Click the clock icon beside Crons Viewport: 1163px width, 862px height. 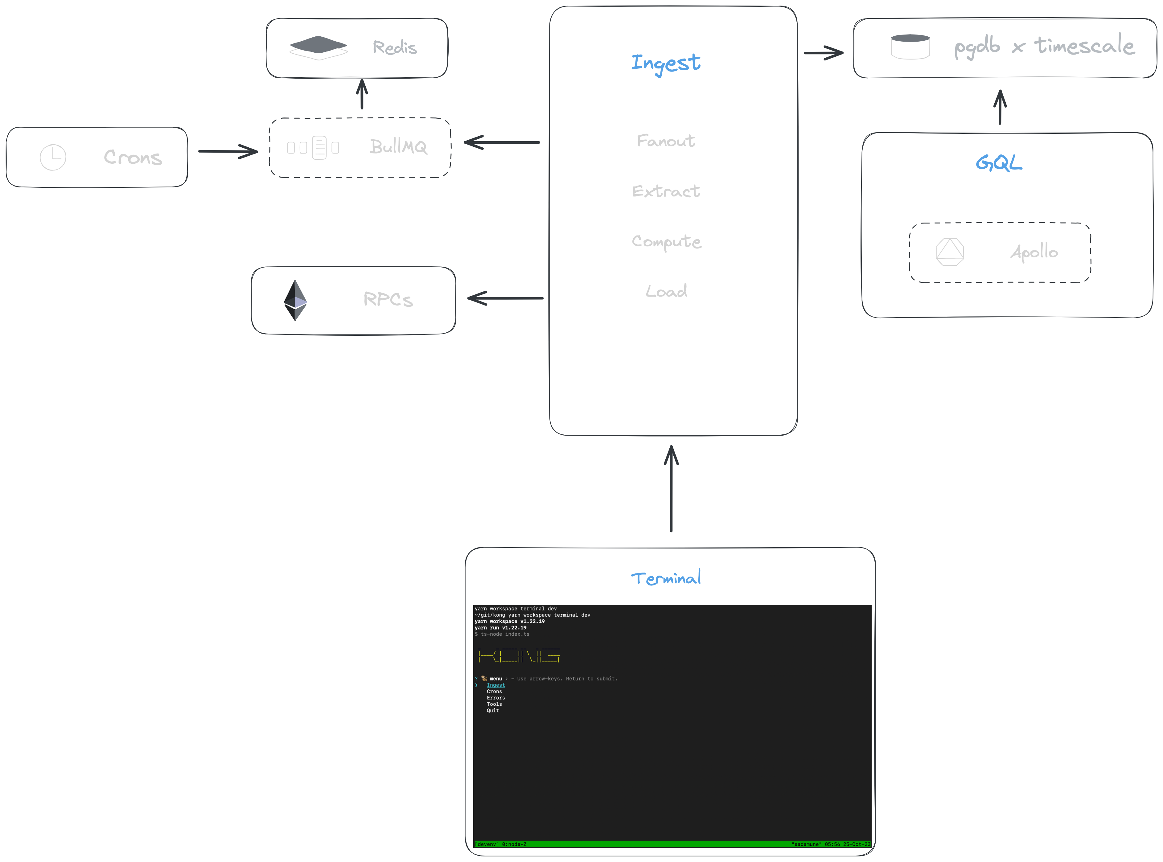click(x=53, y=157)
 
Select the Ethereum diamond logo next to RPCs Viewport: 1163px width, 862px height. click(x=295, y=301)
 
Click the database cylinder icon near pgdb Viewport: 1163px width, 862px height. click(x=910, y=47)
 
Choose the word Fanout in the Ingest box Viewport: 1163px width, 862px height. click(x=666, y=141)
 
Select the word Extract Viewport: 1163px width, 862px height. click(x=666, y=191)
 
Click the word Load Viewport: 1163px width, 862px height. click(x=666, y=291)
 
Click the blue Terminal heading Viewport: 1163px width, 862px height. click(x=666, y=578)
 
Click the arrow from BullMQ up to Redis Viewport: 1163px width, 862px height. click(x=362, y=94)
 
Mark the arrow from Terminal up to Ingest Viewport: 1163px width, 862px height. click(x=671, y=488)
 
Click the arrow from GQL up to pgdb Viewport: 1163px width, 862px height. click(x=1000, y=107)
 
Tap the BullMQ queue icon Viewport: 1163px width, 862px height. click(x=313, y=148)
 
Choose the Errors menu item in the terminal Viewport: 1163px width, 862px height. click(x=496, y=698)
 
